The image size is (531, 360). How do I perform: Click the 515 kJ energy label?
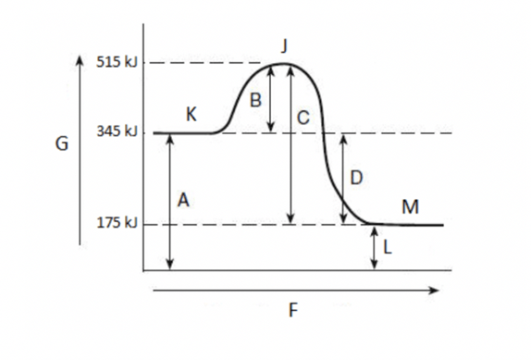point(117,62)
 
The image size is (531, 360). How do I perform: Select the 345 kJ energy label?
point(117,131)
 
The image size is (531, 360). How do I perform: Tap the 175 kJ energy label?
point(117,223)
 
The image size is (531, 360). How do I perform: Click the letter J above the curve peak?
point(285,45)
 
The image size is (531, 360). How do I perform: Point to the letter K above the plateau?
point(191,115)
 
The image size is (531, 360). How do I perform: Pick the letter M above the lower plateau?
point(411,206)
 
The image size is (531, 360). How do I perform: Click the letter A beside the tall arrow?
point(183,200)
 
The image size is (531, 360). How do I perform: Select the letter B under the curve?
point(255,100)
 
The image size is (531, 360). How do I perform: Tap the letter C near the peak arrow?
point(303,118)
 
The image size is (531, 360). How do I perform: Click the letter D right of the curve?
point(356,178)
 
